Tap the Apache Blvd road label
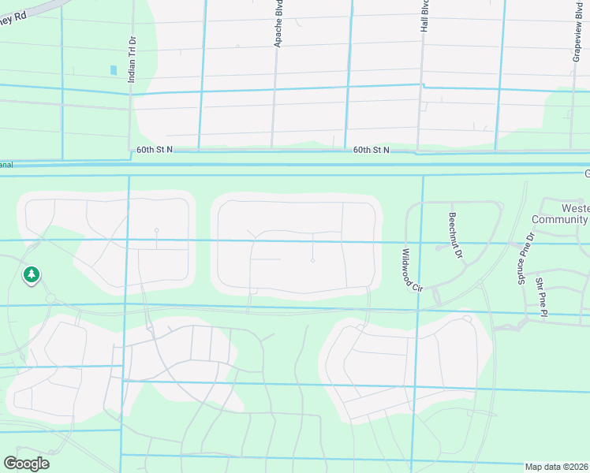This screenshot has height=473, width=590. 278,28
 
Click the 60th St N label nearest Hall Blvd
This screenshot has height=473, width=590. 371,149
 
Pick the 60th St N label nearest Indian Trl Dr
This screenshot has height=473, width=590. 154,149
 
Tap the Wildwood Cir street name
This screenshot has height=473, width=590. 412,270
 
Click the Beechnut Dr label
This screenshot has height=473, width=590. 454,229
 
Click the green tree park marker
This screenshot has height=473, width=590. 32,275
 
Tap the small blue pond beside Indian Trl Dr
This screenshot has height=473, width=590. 114,70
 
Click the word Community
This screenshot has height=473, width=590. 561,219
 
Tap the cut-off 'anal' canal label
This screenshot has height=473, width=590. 6,165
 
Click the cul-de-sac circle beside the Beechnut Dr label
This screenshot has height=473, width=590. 438,248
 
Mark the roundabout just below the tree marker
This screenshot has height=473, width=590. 49,298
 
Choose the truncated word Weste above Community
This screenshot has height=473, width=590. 573,207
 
